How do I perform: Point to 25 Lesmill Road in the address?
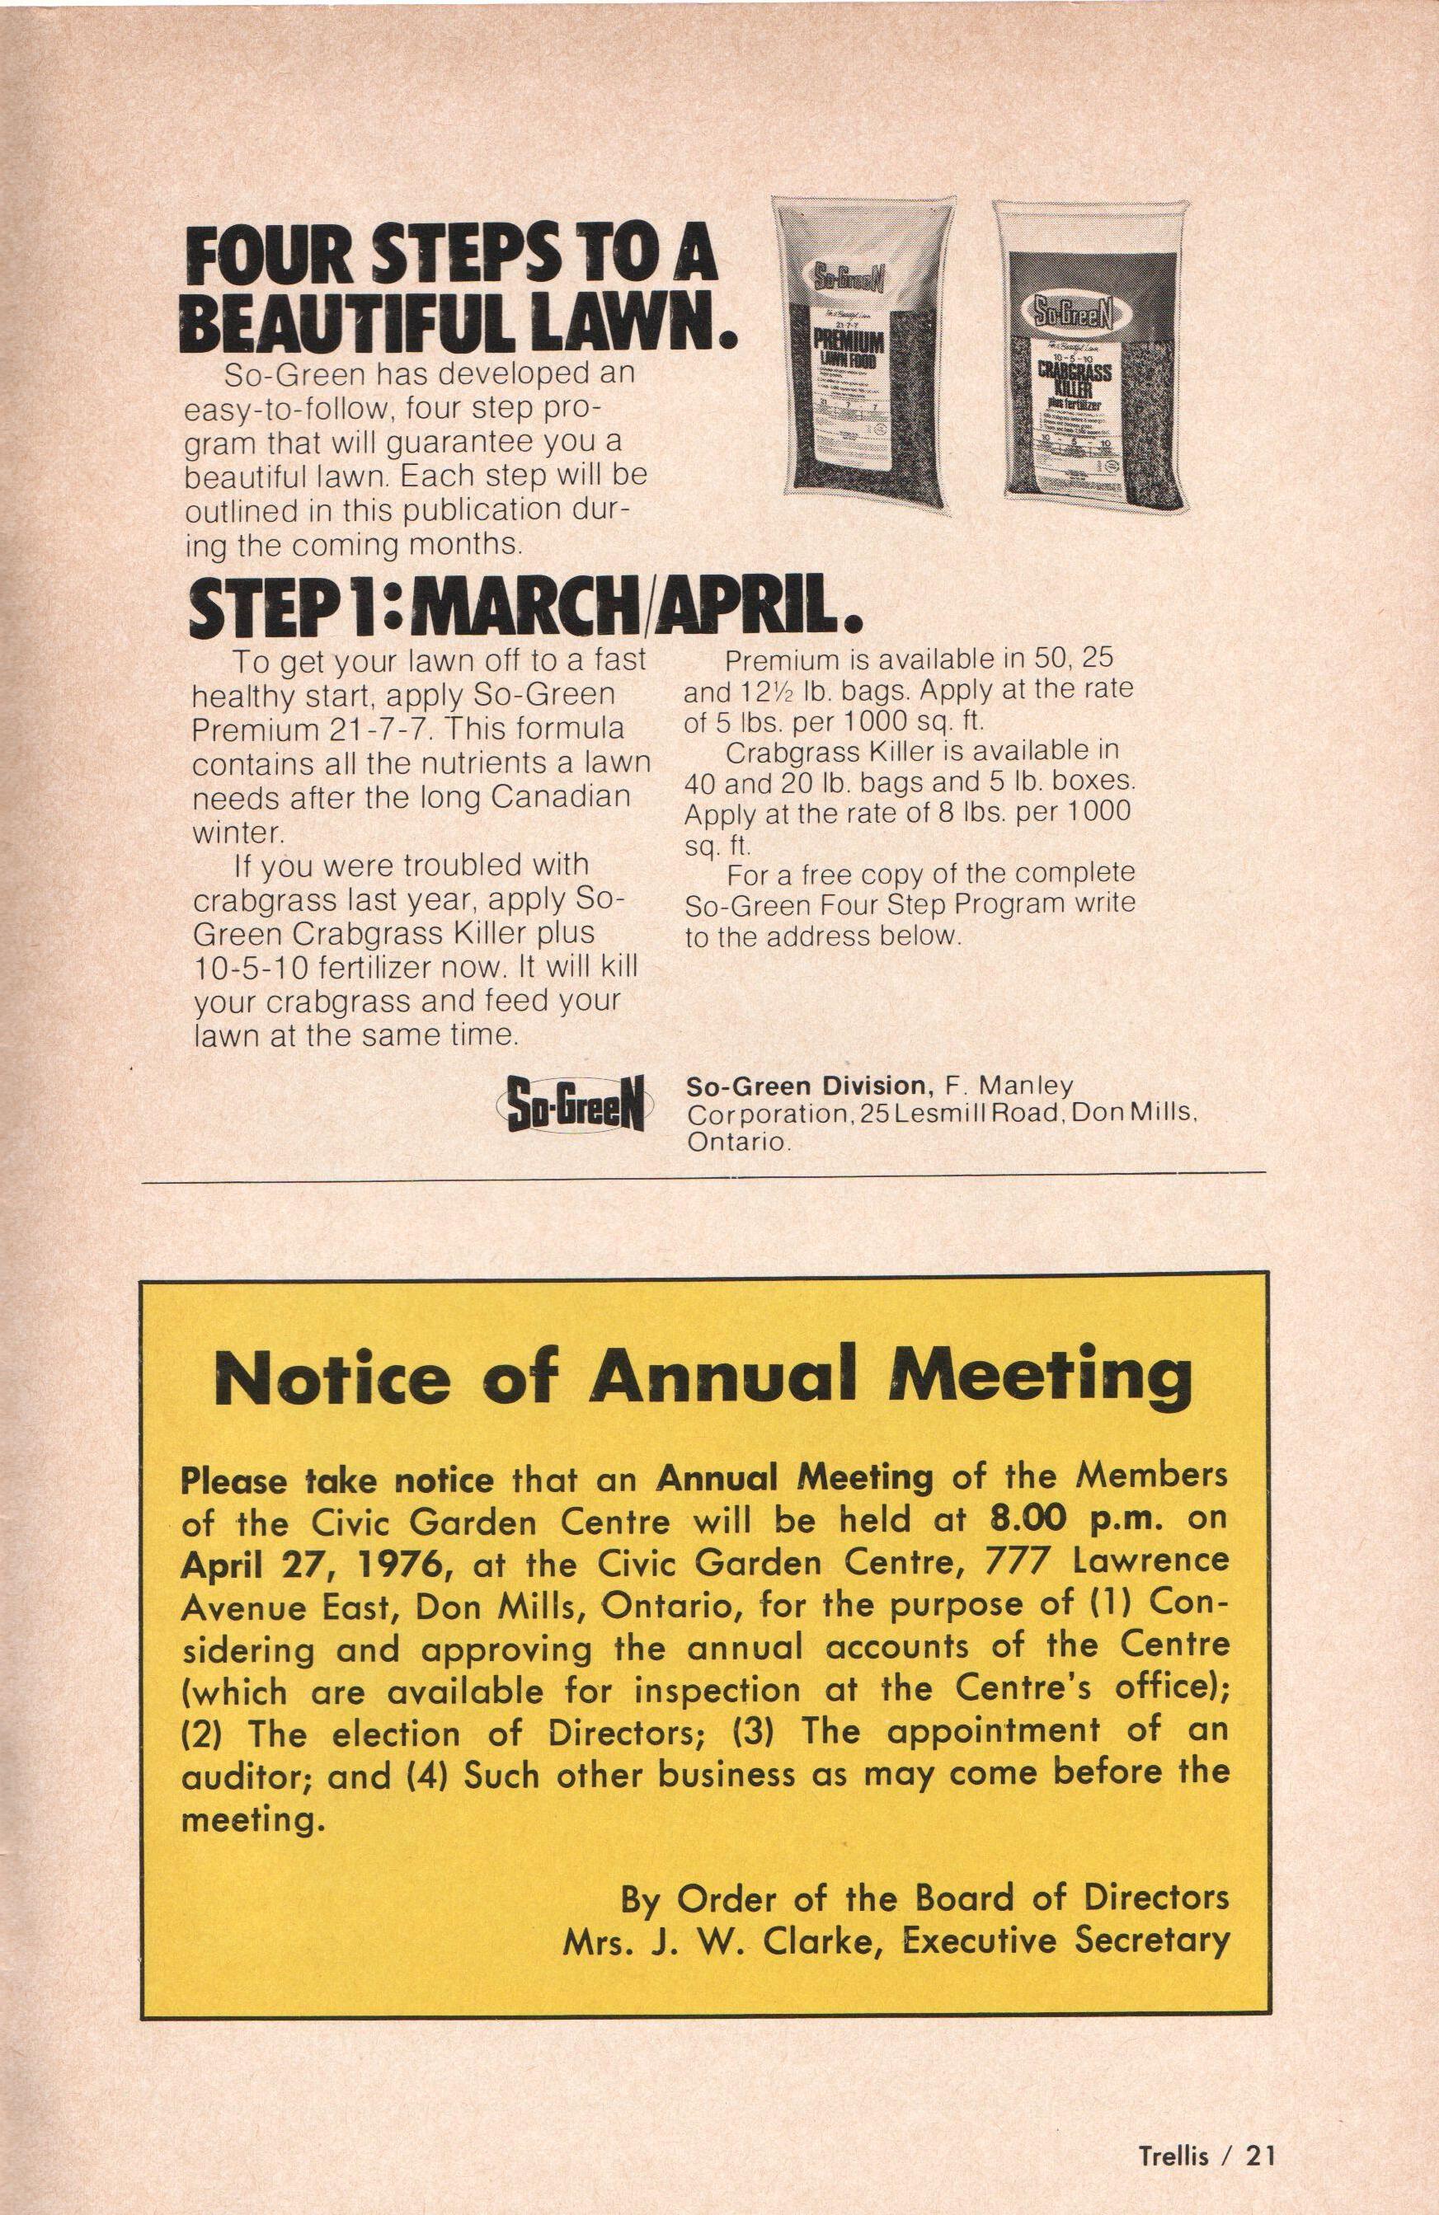coord(961,1113)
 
